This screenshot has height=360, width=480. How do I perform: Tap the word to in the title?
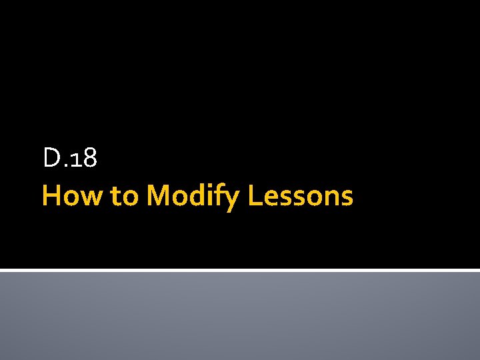click(125, 196)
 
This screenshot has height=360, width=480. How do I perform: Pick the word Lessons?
click(300, 196)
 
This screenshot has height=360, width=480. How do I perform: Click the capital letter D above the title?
click(51, 158)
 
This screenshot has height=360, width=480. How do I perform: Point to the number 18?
click(84, 159)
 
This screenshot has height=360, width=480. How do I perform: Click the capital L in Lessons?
click(254, 196)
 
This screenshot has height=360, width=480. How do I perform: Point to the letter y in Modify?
click(233, 200)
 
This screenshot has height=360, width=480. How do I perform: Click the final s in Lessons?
click(347, 198)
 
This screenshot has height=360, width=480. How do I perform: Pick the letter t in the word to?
click(117, 197)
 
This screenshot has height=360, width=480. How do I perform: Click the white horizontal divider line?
click(240, 270)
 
